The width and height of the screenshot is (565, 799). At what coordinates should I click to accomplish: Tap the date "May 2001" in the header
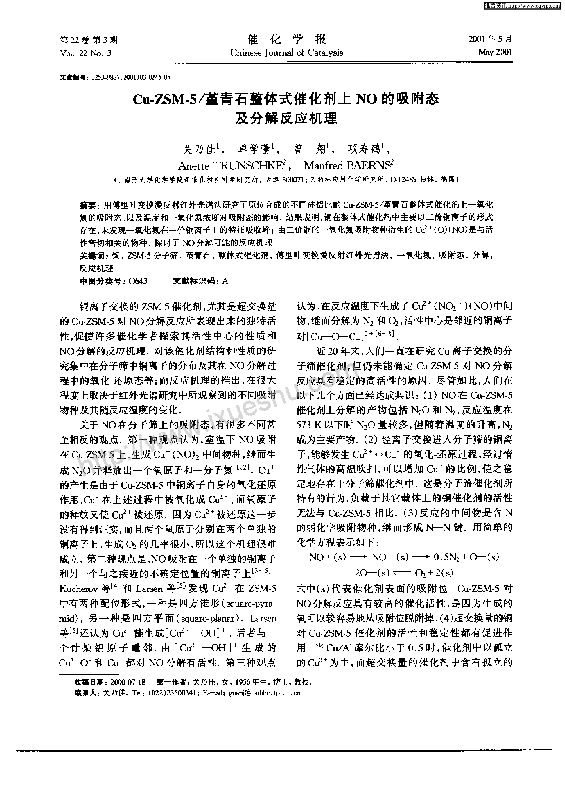click(x=495, y=52)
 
